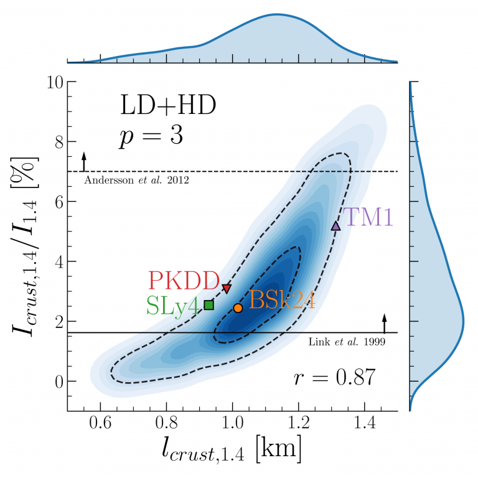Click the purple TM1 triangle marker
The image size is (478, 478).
point(335,226)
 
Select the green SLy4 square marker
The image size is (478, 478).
point(209,304)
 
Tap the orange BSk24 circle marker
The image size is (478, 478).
point(238,308)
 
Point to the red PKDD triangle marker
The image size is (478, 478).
point(227,289)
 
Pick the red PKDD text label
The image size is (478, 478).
point(184,281)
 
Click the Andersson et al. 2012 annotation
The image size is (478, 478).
point(135,180)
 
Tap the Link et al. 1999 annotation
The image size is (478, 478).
point(347,341)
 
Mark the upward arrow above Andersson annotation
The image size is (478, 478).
point(84,161)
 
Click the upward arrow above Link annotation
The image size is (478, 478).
point(384,323)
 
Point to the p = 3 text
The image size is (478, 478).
point(151,136)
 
